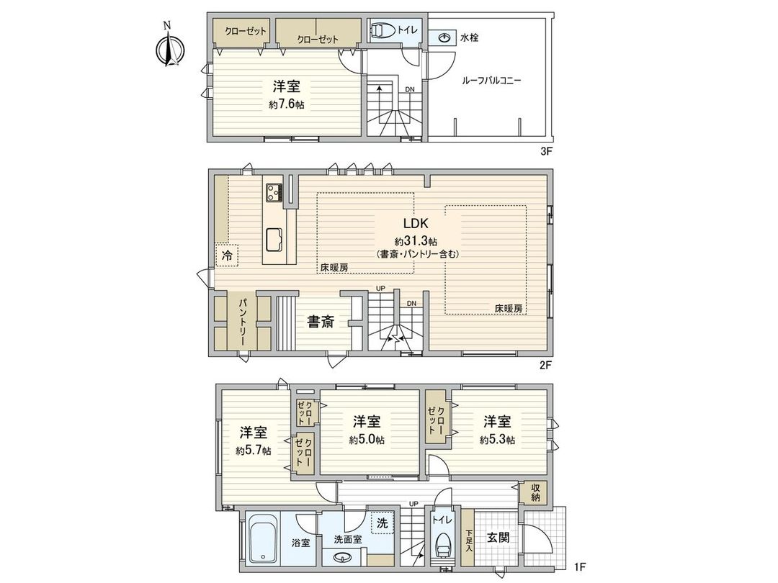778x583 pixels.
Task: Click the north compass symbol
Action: point(170,49)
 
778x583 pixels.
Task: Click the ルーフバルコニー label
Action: point(491,81)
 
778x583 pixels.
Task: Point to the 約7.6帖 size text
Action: point(286,104)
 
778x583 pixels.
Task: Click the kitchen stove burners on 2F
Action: point(274,192)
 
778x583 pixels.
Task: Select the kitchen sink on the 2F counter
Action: point(275,238)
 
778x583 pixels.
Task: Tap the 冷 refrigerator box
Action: point(227,255)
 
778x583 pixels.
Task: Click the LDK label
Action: point(417,222)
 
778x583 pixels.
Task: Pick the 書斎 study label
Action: point(321,322)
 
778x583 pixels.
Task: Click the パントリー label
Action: point(243,322)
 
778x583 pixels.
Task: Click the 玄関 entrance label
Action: point(496,537)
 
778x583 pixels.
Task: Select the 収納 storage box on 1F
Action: point(535,492)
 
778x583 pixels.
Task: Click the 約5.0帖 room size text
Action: point(367,440)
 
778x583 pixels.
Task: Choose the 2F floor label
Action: point(545,365)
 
